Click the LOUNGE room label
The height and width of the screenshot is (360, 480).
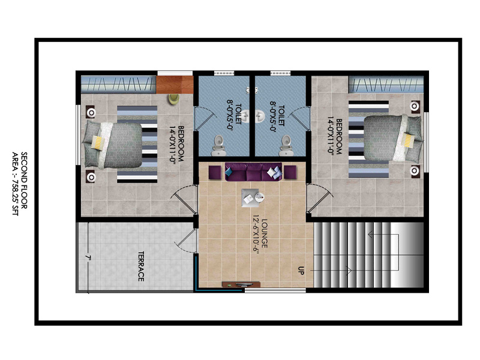coord(264,233)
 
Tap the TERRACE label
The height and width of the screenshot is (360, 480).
coord(141,266)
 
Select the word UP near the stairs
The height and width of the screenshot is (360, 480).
coord(301,271)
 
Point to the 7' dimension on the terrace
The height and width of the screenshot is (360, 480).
coord(88,258)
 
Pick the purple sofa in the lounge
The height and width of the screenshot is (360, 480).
coord(253,172)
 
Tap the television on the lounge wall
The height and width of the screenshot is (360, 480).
coord(242,284)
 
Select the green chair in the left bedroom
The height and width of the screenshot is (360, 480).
coord(173,99)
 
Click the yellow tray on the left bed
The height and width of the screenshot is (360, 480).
coord(98,142)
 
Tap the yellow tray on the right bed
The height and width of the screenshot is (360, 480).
coord(408,140)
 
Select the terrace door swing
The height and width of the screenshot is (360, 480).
coord(187,241)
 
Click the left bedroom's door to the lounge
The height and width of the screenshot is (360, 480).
coord(184,200)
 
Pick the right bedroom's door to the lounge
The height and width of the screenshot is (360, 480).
coord(320,198)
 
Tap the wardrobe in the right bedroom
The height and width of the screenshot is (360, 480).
coord(386,85)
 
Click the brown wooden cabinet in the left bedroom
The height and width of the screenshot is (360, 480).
coord(175,85)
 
